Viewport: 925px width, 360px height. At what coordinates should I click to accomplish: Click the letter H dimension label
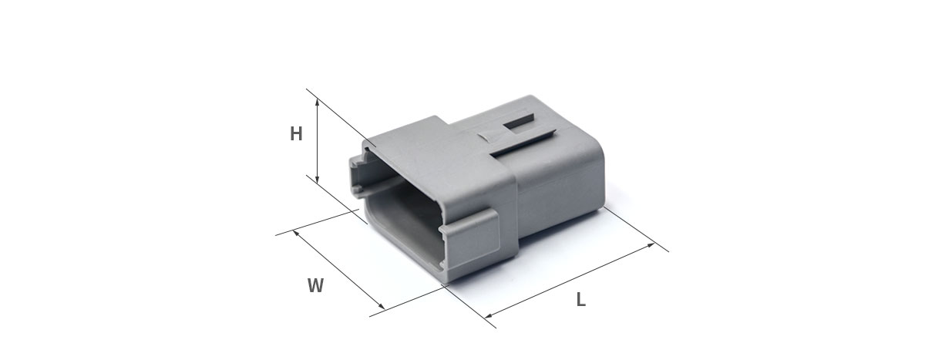click(x=296, y=134)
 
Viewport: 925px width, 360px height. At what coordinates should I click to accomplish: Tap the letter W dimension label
click(x=315, y=286)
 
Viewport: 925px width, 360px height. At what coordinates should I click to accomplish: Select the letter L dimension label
click(x=581, y=299)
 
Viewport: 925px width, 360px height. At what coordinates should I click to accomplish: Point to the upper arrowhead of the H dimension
click(x=317, y=101)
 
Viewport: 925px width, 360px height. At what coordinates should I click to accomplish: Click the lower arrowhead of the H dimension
click(x=317, y=179)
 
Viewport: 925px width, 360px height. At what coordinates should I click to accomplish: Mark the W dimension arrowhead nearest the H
click(x=295, y=234)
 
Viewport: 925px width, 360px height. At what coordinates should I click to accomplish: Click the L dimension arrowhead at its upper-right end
click(x=651, y=245)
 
